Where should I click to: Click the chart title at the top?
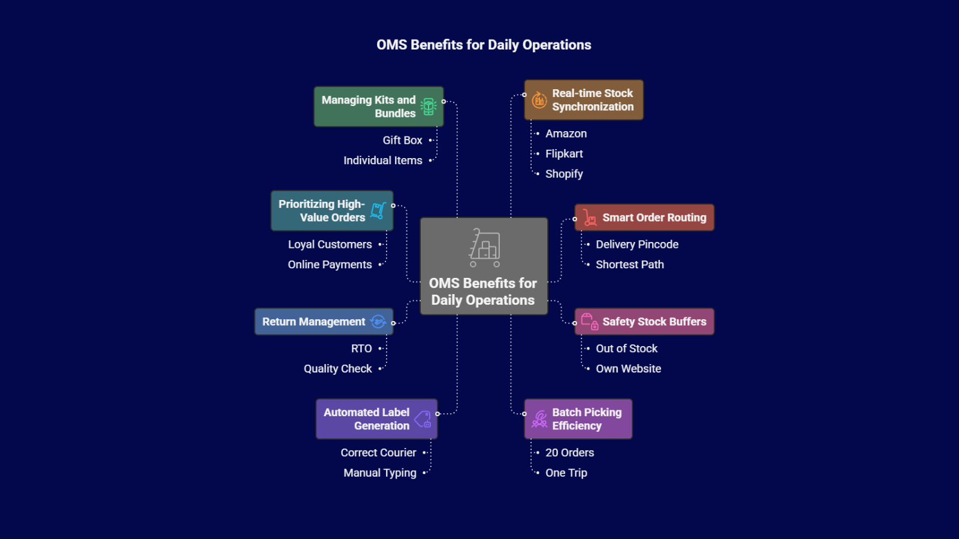(x=484, y=45)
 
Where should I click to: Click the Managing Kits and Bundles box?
(x=378, y=107)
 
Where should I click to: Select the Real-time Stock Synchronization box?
(x=584, y=100)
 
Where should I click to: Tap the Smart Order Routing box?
(x=644, y=217)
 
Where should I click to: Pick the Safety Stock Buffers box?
(x=644, y=322)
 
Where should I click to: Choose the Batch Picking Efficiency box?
(x=578, y=419)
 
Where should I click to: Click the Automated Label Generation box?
(x=376, y=419)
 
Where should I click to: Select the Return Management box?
(x=324, y=322)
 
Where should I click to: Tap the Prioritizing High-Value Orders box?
(x=331, y=211)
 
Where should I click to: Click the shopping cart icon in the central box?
(x=484, y=247)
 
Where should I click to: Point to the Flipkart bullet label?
(x=564, y=154)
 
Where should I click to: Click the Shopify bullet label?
(x=564, y=174)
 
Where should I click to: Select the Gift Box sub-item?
(x=402, y=140)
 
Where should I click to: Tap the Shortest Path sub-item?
(x=629, y=265)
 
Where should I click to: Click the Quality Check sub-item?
(x=337, y=369)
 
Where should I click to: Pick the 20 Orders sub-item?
(x=569, y=453)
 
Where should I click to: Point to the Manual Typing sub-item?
(x=379, y=473)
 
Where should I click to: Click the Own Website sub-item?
(x=628, y=369)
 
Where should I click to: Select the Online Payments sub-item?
(x=330, y=265)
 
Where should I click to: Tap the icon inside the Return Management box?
(x=378, y=322)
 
